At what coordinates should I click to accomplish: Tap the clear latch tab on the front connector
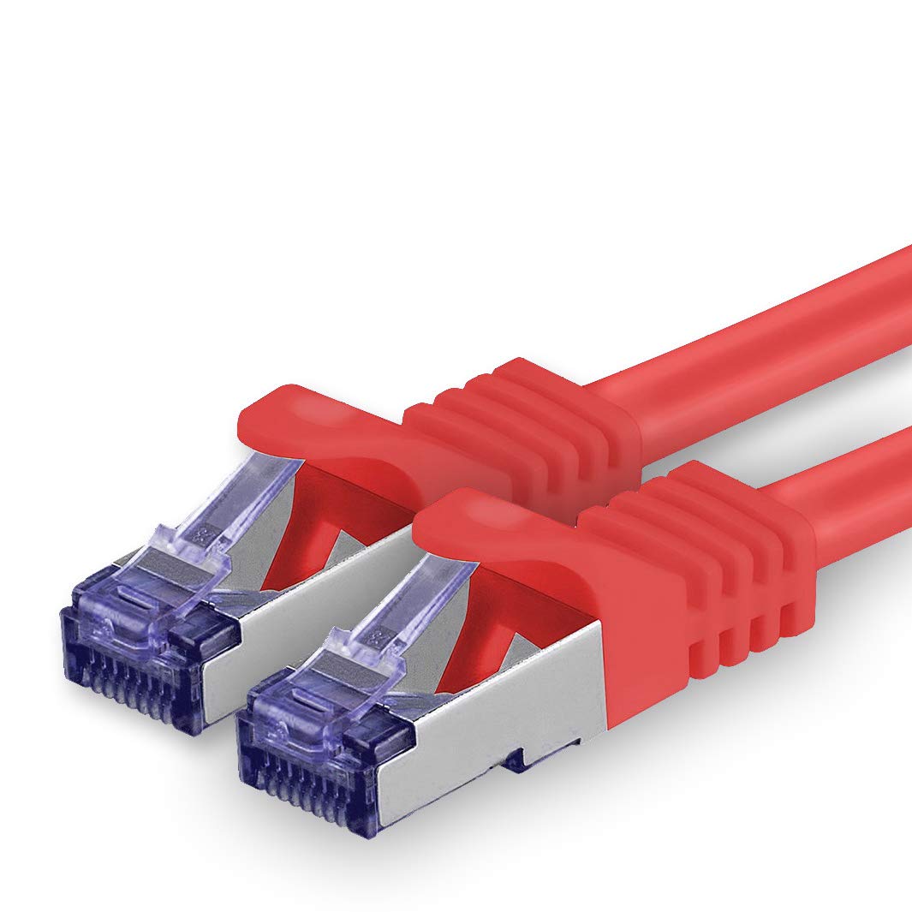point(402,625)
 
